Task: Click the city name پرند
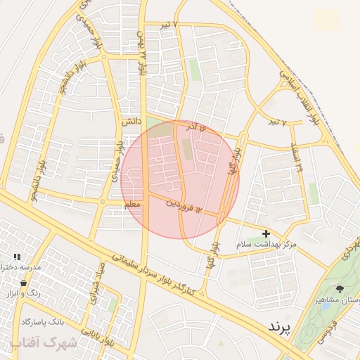(x=279, y=327)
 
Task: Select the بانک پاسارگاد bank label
(x=42, y=321)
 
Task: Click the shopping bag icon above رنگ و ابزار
(x=24, y=283)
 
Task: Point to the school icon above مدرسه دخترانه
(x=17, y=257)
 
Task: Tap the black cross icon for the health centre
(x=266, y=233)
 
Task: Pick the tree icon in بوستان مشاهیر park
(x=340, y=289)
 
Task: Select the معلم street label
(x=132, y=204)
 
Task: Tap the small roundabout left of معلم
(x=103, y=202)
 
